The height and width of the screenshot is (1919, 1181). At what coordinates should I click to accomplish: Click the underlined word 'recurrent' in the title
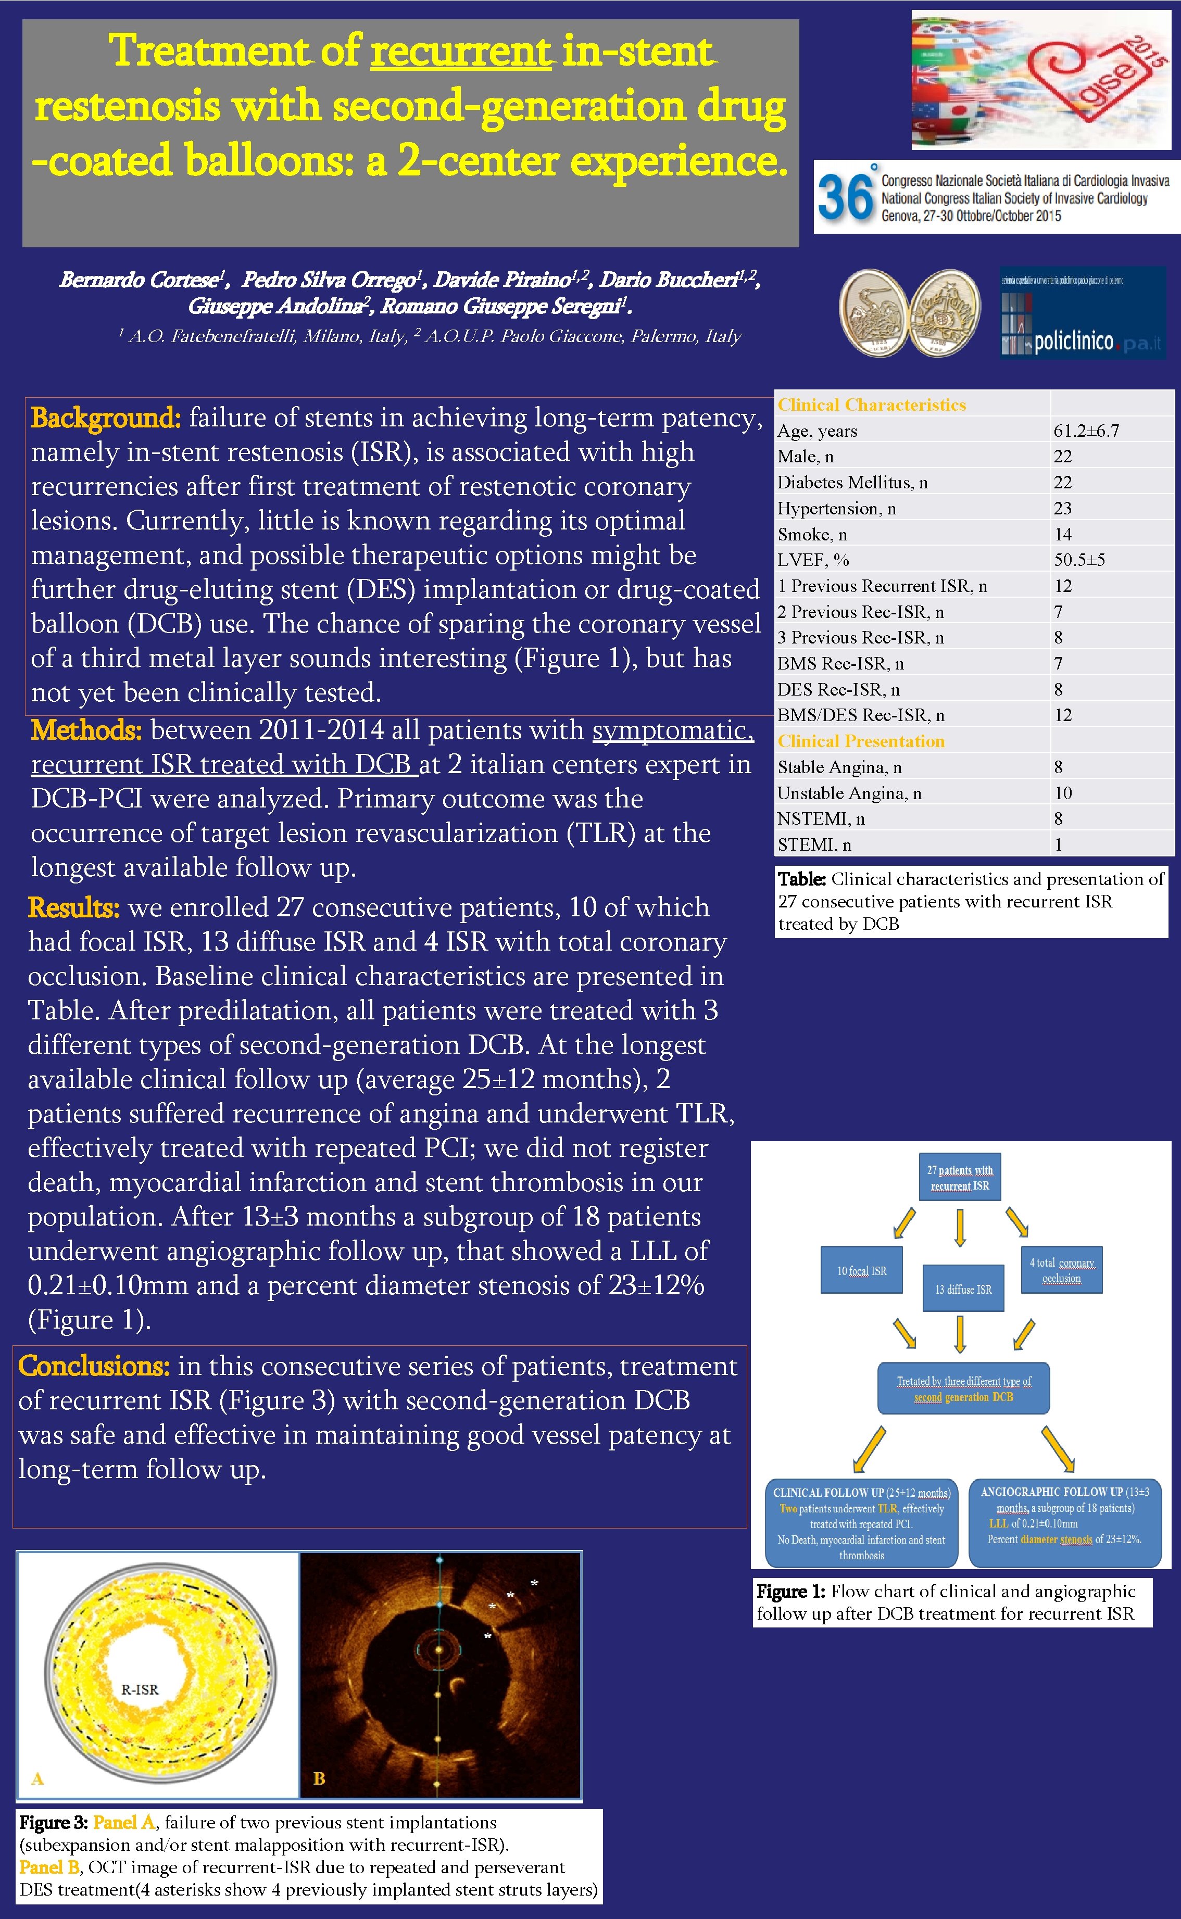[x=461, y=52]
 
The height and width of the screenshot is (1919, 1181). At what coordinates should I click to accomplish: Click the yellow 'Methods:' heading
[x=86, y=730]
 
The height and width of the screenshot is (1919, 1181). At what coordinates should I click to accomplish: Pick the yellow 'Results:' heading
[x=73, y=907]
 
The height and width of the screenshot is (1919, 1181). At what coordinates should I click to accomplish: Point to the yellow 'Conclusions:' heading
[x=94, y=1366]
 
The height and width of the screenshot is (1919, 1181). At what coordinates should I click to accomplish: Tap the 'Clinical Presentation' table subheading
[x=861, y=741]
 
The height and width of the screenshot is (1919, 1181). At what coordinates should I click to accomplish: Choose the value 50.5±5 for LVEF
[x=1079, y=560]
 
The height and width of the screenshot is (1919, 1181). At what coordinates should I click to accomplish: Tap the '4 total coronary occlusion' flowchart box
[x=1061, y=1270]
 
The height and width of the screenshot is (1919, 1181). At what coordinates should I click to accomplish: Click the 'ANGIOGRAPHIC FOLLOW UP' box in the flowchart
[x=1064, y=1522]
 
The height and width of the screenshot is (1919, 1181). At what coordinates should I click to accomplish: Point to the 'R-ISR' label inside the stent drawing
[x=140, y=1689]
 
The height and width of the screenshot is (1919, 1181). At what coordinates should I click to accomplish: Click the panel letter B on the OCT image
[x=319, y=1778]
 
